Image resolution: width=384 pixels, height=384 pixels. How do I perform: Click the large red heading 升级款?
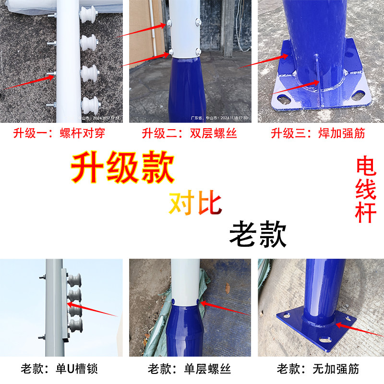(122, 168)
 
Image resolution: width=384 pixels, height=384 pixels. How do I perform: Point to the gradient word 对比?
(195, 204)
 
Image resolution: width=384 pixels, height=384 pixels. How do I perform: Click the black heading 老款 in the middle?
(258, 234)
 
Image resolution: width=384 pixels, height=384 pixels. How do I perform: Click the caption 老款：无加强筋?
(318, 369)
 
